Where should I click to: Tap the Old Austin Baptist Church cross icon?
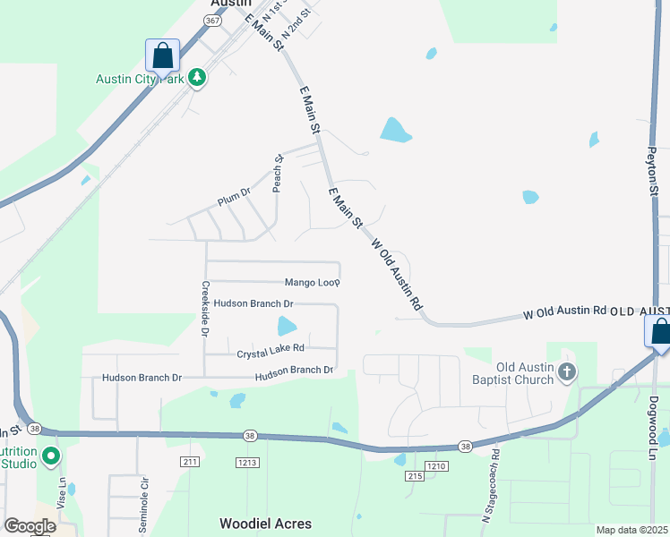click(566, 371)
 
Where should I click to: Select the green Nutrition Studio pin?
click(51, 456)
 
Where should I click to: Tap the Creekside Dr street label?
click(205, 308)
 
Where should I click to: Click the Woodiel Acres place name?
click(267, 523)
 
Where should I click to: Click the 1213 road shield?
click(248, 463)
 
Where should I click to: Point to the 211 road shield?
click(189, 463)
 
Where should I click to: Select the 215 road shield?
click(414, 476)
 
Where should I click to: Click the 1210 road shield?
click(436, 466)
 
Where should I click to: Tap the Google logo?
click(30, 526)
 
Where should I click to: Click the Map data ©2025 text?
click(631, 530)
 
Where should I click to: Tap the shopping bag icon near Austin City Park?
click(163, 55)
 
